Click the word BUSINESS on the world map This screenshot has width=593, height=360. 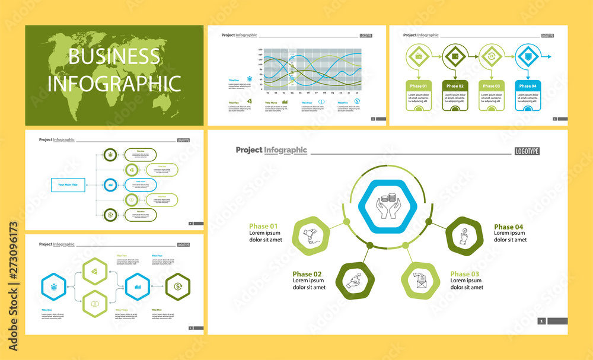click(114, 56)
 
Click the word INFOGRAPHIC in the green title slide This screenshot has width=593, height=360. click(114, 83)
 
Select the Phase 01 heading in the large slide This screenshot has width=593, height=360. click(263, 226)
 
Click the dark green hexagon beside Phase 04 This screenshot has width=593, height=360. click(464, 236)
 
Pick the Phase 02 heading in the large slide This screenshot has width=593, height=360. click(307, 274)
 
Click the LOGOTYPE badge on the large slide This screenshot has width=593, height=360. click(527, 151)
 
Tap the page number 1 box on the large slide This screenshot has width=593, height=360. click(541, 321)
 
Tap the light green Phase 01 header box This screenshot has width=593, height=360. click(418, 85)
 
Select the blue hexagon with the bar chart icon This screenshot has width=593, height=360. click(136, 287)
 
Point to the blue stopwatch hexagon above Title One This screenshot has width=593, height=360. click(54, 286)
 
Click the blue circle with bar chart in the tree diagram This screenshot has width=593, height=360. click(111, 185)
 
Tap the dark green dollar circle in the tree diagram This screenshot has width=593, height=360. click(111, 215)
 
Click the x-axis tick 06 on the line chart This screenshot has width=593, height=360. click(308, 93)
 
